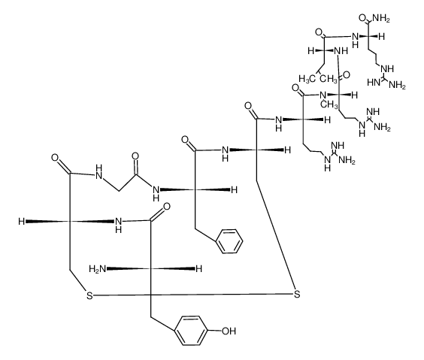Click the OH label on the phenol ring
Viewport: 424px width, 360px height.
point(229,331)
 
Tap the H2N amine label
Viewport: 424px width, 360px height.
point(97,269)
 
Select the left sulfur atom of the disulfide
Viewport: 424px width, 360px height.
point(89,295)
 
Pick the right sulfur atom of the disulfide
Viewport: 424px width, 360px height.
point(297,294)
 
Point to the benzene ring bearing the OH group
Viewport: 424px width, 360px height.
point(191,331)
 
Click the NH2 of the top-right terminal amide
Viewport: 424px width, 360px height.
point(381,19)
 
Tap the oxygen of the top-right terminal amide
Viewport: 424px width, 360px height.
point(362,18)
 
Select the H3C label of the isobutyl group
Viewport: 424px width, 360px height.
point(307,79)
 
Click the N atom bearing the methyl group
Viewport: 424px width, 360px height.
point(323,95)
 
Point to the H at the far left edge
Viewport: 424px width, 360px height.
point(21,222)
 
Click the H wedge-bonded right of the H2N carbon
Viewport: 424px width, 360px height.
point(199,269)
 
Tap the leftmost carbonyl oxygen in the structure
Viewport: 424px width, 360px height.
point(55,158)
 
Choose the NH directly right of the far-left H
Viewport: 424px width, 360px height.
point(119,225)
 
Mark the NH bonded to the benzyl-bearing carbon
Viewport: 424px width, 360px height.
point(156,193)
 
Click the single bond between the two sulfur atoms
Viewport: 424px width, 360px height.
point(193,295)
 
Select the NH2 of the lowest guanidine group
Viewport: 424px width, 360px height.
point(347,160)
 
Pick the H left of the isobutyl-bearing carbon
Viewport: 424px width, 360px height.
point(311,50)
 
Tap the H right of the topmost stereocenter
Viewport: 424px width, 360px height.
point(381,37)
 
